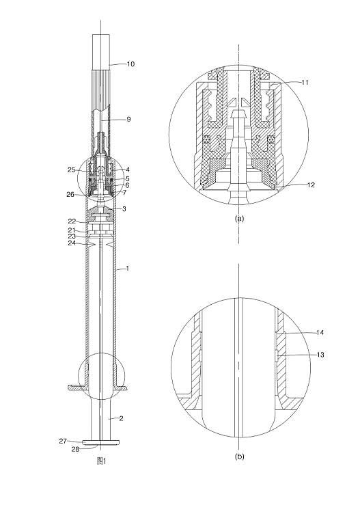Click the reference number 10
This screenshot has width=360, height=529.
[130, 64]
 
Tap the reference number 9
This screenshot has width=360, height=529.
[128, 119]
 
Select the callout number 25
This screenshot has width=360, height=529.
[72, 169]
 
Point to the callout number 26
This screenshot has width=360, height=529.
[70, 194]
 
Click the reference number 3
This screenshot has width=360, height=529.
[124, 209]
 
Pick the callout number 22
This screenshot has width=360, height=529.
[72, 221]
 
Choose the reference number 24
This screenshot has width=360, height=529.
[72, 243]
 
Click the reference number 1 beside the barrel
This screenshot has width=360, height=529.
[127, 269]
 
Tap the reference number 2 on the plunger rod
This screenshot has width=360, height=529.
[122, 419]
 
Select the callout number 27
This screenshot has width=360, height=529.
[63, 441]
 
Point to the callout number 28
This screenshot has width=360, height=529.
[75, 449]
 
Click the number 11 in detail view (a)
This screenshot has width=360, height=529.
[305, 82]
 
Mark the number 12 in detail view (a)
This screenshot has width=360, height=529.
[311, 185]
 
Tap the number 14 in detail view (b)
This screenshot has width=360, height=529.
[320, 333]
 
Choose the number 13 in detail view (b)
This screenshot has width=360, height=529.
[320, 355]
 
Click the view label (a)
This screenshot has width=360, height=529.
[239, 219]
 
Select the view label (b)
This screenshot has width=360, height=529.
[239, 457]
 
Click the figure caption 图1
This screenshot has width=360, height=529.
[101, 461]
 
